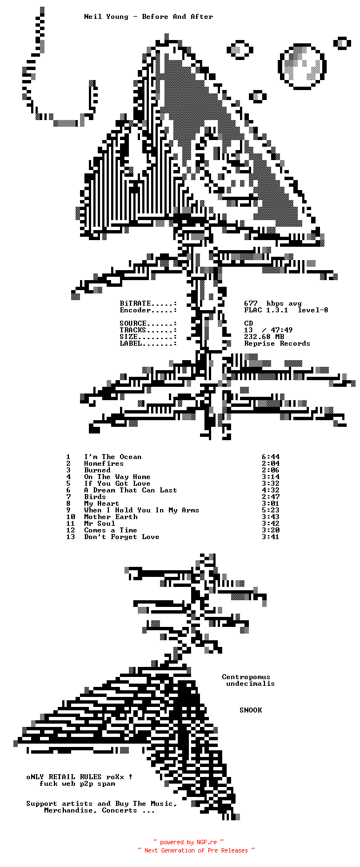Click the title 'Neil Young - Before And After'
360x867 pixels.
pyautogui.click(x=148, y=17)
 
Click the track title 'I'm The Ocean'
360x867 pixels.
pyautogui.click(x=113, y=457)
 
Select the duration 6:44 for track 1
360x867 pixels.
pyautogui.click(x=270, y=457)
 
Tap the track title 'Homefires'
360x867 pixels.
pyautogui.click(x=104, y=464)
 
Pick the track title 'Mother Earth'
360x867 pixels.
pyautogui.click(x=111, y=517)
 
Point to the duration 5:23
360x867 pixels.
pyautogui.click(x=270, y=510)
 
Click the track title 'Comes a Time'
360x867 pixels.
pyautogui.click(x=111, y=530)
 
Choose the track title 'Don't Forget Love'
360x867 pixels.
pyautogui.click(x=122, y=537)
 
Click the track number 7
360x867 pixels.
pyautogui.click(x=69, y=497)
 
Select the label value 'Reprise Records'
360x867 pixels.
pyautogui.click(x=277, y=343)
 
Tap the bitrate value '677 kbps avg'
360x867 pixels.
pyautogui.click(x=273, y=303)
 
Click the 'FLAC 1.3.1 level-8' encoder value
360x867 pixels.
pyautogui.click(x=286, y=310)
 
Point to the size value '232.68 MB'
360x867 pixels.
pyautogui.click(x=264, y=337)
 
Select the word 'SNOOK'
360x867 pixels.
pyautogui.click(x=251, y=710)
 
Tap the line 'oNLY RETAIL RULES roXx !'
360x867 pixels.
pyautogui.click(x=79, y=777)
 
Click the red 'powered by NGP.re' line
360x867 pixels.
pyautogui.click(x=188, y=843)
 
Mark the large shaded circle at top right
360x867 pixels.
pyautogui.click(x=302, y=66)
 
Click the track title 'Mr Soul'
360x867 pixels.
pyautogui.click(x=99, y=524)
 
